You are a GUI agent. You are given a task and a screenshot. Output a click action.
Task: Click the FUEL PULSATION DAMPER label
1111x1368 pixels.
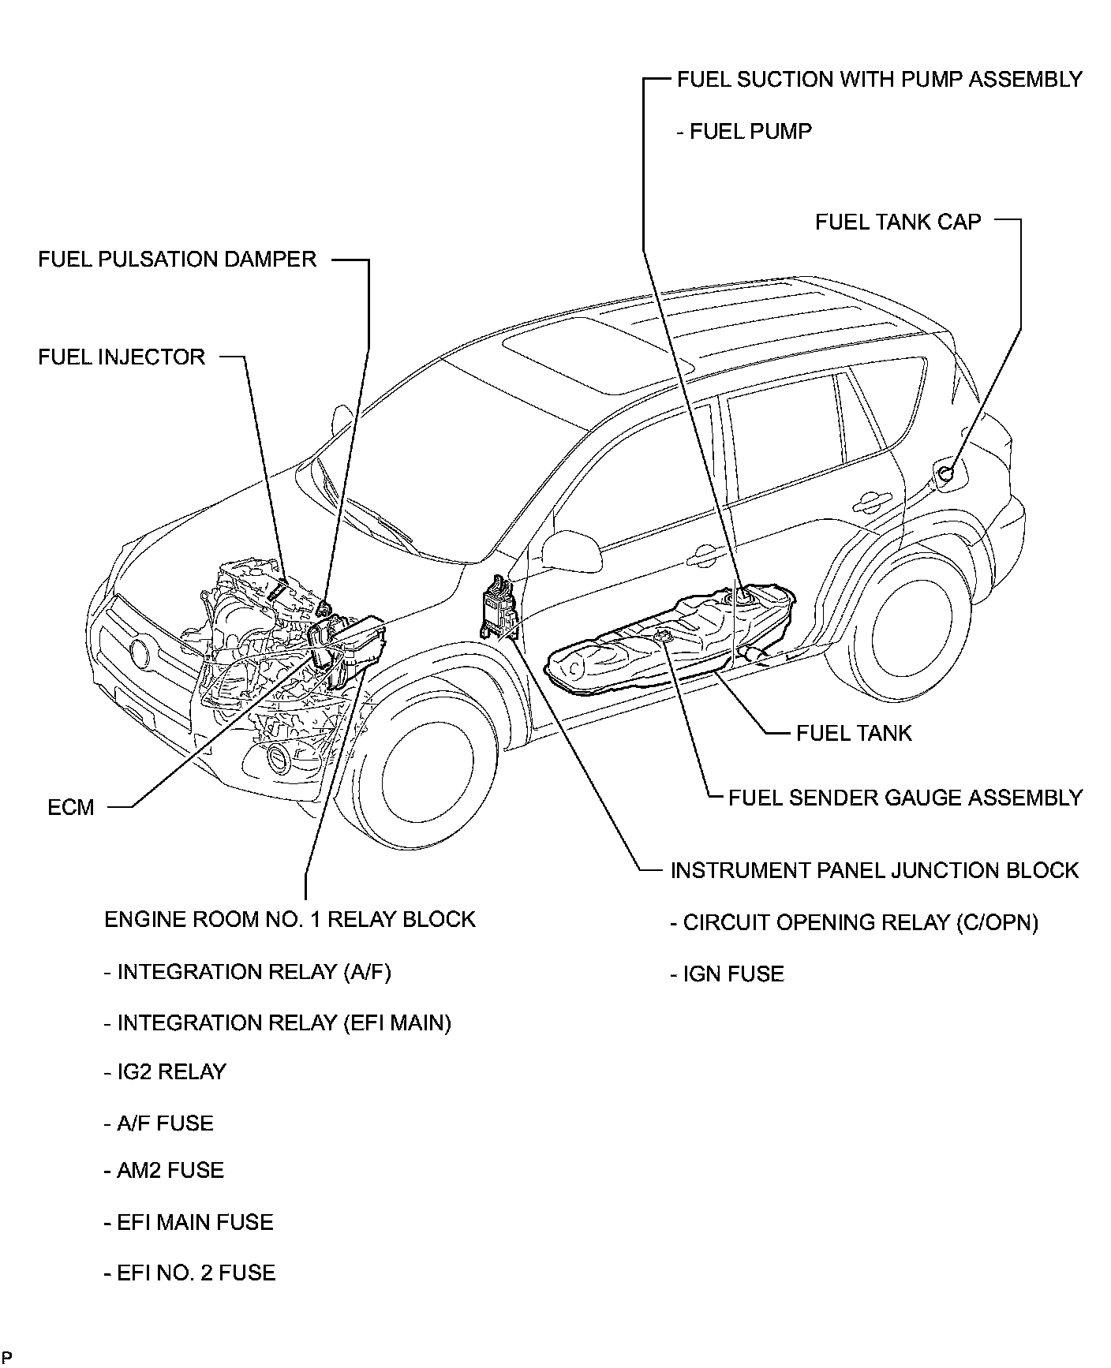point(177,260)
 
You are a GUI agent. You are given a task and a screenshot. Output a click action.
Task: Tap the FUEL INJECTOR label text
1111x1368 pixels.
point(122,357)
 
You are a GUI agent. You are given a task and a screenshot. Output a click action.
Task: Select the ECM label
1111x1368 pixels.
point(71,807)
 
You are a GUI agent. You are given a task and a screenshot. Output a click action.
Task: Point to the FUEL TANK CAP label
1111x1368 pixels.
point(898,222)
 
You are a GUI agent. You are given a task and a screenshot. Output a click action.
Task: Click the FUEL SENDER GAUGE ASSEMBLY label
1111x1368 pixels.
point(905,798)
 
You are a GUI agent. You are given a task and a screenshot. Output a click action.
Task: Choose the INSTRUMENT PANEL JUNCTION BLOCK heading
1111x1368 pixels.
point(874,870)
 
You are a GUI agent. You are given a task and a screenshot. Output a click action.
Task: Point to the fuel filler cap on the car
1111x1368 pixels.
point(946,473)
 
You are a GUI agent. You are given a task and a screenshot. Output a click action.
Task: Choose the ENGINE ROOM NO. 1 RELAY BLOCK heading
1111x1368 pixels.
point(290,919)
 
